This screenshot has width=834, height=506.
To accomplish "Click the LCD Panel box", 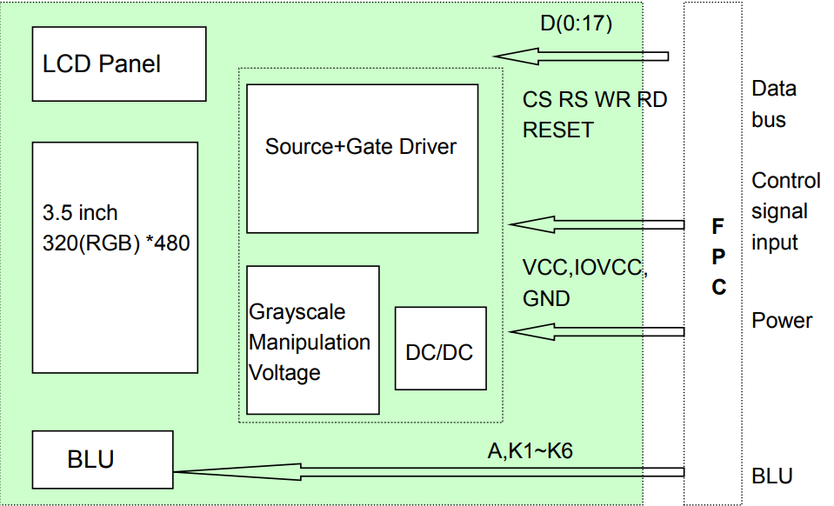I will point(119,63).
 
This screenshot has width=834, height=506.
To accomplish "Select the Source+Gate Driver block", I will point(362,158).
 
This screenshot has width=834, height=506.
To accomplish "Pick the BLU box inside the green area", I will point(101,458).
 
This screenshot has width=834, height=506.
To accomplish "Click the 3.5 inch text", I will point(80,213).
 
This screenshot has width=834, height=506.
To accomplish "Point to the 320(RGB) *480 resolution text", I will point(116,243).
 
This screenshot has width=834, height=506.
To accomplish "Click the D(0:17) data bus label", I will point(576,24).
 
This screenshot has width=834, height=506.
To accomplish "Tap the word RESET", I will point(557,130).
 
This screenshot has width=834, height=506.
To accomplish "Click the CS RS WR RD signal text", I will point(594,100).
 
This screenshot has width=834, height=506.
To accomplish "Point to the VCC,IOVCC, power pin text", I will point(584,267).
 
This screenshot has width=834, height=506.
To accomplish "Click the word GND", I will point(546,298).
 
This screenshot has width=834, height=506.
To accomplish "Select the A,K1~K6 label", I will point(529,450).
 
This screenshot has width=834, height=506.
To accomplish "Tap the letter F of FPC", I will point(717,227).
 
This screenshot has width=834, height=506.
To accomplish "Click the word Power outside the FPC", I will point(782,321).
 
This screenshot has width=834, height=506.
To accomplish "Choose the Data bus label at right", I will point(773,103).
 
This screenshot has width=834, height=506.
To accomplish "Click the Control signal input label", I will point(785,211).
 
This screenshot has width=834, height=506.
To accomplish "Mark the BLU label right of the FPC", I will point(772,476).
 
